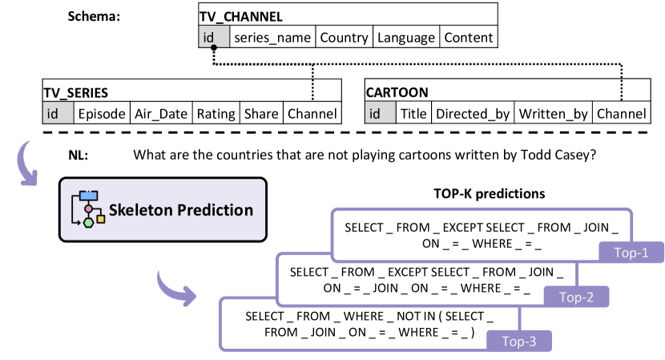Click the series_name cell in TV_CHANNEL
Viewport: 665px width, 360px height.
(x=273, y=38)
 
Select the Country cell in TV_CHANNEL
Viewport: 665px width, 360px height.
(x=345, y=38)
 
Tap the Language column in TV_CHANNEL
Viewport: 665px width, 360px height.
(x=406, y=38)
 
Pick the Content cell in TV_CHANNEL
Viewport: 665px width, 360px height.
(x=469, y=38)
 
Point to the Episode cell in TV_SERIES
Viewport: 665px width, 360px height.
(x=101, y=114)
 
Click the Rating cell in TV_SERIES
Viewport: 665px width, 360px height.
(x=216, y=114)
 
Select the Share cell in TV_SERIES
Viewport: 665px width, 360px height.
(x=260, y=114)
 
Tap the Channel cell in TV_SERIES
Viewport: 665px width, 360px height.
(x=312, y=114)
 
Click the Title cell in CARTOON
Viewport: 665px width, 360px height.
(x=413, y=114)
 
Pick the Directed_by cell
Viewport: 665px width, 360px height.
(x=473, y=114)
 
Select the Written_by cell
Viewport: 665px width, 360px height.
(x=554, y=114)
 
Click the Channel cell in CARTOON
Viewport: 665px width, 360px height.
(x=622, y=114)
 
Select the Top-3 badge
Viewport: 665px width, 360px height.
(x=518, y=342)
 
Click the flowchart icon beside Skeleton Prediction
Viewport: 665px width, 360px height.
(x=89, y=210)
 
